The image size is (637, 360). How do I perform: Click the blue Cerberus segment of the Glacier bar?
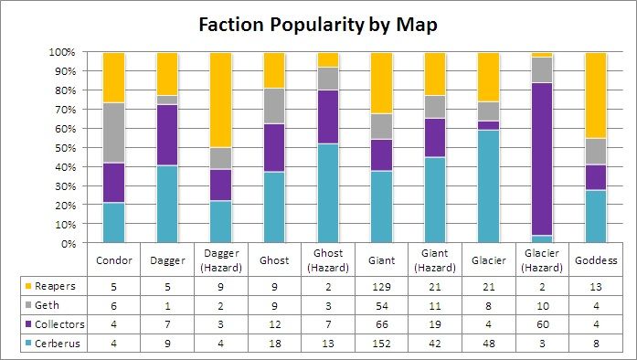488,186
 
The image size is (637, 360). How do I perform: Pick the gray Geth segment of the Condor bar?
113,132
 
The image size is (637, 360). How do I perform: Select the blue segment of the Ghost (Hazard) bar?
327,193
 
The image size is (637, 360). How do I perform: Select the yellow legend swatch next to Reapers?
14,287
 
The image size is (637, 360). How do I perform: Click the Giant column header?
381,259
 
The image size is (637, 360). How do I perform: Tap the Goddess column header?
595,259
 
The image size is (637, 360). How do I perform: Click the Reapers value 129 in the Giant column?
381,287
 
